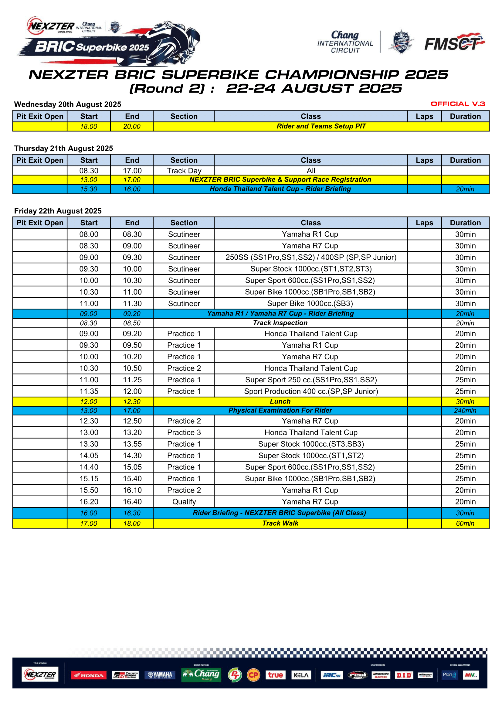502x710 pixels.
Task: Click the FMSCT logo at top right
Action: (x=454, y=43)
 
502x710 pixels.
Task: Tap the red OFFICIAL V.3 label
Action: (x=458, y=104)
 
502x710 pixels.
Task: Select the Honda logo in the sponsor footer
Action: (x=89, y=675)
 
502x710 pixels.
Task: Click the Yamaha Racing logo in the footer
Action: (x=160, y=675)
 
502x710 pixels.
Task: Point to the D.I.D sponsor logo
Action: (x=404, y=675)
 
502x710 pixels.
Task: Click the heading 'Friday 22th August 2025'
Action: (x=58, y=211)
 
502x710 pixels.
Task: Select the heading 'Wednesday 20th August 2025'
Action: (x=68, y=104)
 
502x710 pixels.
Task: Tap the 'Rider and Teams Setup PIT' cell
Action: (x=321, y=126)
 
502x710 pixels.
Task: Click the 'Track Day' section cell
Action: (x=184, y=171)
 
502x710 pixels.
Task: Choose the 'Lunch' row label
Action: (x=280, y=401)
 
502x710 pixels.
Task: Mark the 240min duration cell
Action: (x=465, y=411)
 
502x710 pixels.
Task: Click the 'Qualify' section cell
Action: (x=184, y=502)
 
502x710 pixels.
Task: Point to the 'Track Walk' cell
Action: (x=280, y=523)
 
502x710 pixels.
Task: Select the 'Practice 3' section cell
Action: (x=184, y=432)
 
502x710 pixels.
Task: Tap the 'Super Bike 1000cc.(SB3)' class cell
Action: (x=310, y=303)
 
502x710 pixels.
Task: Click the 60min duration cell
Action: (x=465, y=523)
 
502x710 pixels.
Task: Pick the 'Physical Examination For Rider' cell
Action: (x=280, y=410)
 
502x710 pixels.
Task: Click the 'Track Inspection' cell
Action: (x=280, y=323)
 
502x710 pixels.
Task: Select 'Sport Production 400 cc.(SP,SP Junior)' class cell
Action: (x=311, y=391)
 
